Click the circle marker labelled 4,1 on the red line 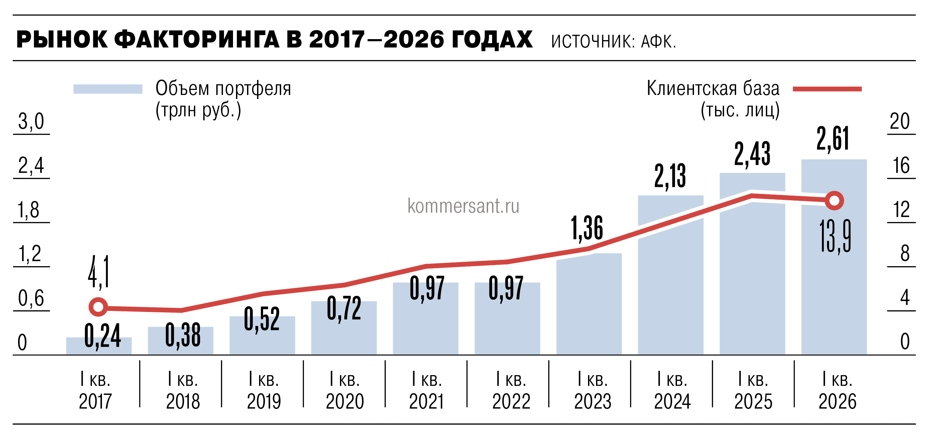point(98,307)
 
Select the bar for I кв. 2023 point(589,307)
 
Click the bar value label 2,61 point(833,139)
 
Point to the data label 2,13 point(670,176)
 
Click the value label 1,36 point(587,228)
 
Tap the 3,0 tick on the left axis point(31,122)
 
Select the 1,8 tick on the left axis point(29,210)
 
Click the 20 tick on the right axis point(899,122)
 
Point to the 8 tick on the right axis point(904,253)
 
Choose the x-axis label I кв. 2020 point(344,391)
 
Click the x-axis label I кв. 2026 point(837,391)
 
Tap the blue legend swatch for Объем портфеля point(108,89)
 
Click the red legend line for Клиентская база point(827,89)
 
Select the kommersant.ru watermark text point(463,206)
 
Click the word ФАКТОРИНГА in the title point(197,39)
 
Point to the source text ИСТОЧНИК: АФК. point(613,41)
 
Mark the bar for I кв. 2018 point(181,341)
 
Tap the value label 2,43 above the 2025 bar point(752,154)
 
